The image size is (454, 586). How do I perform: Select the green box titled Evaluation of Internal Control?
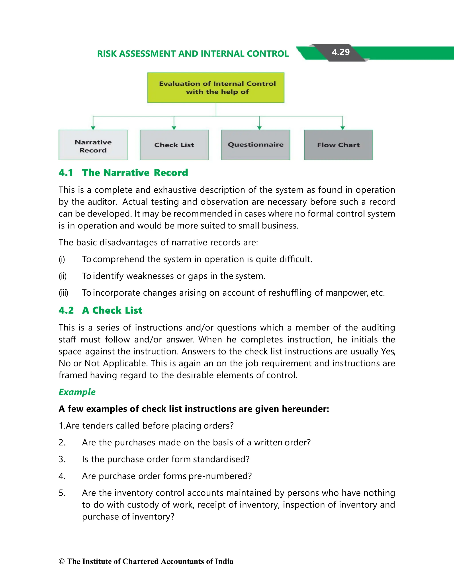coord(216,87)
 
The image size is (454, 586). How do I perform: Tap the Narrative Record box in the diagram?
coord(93,145)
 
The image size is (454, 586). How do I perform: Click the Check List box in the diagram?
coord(174,145)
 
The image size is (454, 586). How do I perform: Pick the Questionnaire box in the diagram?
coord(256,145)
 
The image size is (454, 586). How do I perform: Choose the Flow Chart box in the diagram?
coord(339,145)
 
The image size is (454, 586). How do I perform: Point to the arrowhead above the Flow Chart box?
coord(342,128)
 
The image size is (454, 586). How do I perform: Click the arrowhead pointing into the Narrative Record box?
coord(93,128)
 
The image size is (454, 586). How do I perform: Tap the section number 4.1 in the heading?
coord(66,173)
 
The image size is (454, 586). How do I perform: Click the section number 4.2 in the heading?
coord(66,311)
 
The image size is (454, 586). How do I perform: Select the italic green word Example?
coord(77,392)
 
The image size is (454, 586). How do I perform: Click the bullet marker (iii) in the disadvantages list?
coord(64,293)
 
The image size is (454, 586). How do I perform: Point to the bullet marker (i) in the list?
coord(62,260)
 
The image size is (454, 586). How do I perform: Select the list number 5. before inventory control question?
coord(62,493)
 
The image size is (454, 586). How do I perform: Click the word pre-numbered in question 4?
coord(220,476)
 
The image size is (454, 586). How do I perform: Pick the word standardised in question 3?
coord(221,459)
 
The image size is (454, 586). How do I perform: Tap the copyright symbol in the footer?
coord(62,561)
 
